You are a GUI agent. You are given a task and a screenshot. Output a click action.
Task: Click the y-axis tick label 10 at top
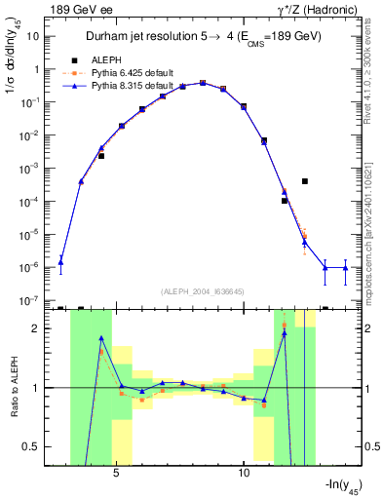click(x=33, y=36)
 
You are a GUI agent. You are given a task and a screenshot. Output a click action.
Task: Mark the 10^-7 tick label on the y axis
click(x=31, y=300)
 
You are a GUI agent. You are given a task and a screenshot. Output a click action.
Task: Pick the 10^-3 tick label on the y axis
click(x=31, y=169)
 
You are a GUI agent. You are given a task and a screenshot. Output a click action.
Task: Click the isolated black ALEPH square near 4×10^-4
click(x=305, y=181)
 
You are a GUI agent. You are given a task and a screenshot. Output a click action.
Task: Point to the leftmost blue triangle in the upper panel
click(x=60, y=261)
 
